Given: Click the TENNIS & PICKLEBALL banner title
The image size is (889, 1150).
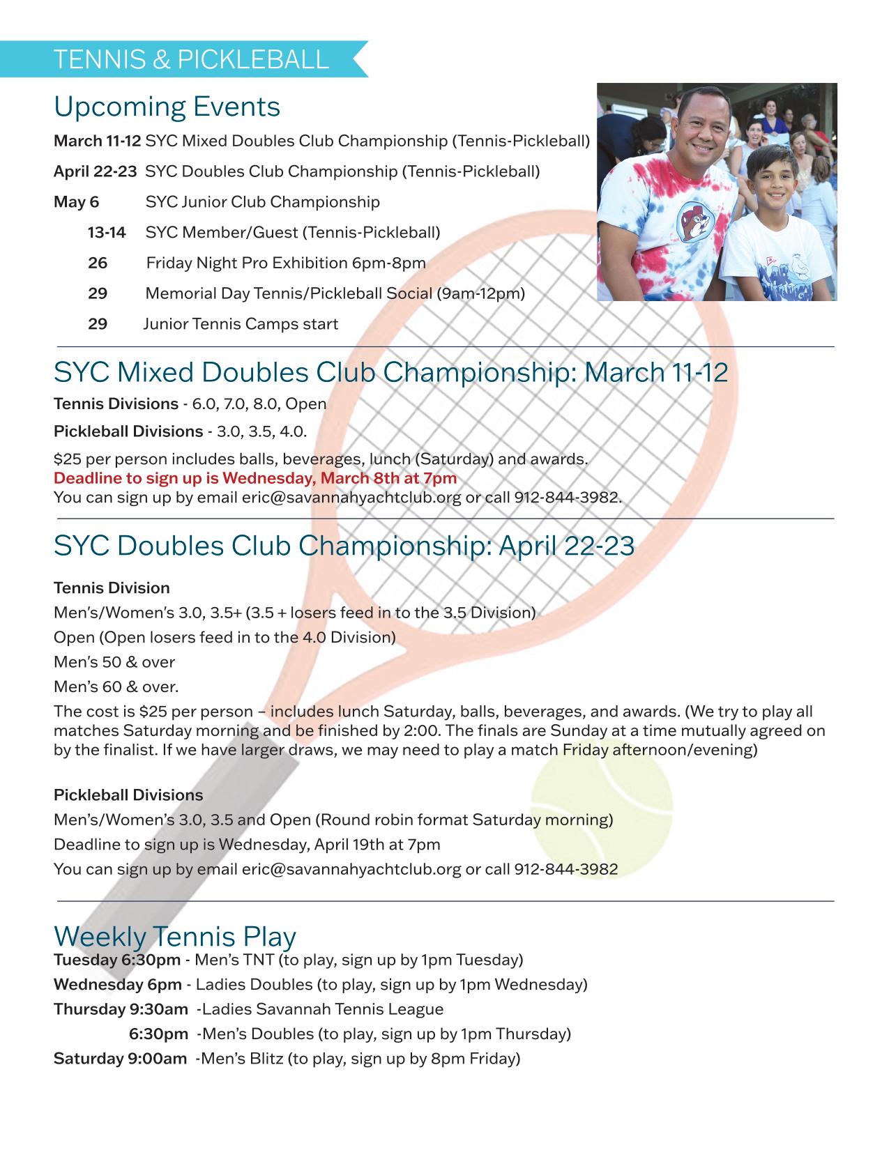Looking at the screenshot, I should point(190,59).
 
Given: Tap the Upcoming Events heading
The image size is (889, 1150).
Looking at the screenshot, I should point(167,107).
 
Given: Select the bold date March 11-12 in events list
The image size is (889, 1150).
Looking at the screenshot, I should point(97,141).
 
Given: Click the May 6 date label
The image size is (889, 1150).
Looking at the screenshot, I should point(76,202).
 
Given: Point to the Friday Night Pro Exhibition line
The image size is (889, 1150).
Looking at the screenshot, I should point(285,263).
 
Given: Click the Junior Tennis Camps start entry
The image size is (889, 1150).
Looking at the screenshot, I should point(241,324).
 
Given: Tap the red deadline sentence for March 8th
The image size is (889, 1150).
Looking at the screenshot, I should point(255,478).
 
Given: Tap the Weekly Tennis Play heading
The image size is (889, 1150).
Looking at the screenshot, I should point(175,935).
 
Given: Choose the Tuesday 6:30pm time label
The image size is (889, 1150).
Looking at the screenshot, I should point(117,960).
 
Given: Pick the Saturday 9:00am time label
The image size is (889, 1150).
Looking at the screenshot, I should point(120,1059).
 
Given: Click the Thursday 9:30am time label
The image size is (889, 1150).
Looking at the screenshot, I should point(121,1009).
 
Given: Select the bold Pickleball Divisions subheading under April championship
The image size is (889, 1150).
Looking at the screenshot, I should point(128,795).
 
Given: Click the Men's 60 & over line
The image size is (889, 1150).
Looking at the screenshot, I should point(116,687).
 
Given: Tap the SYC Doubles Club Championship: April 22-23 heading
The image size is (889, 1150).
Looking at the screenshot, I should point(344,545).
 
